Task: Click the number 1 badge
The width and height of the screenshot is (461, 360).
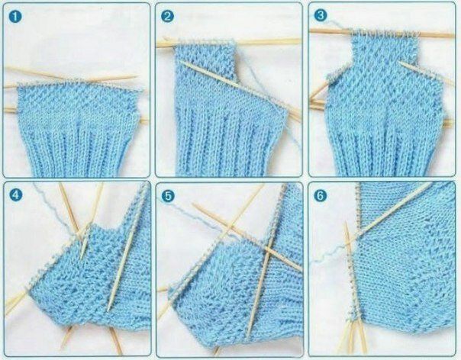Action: [x=15, y=17]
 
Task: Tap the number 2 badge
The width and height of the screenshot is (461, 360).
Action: [x=167, y=17]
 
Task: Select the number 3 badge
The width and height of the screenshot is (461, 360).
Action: [x=320, y=15]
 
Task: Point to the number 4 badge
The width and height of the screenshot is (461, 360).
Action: [x=15, y=194]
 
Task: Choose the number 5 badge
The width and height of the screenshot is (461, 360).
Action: [x=168, y=196]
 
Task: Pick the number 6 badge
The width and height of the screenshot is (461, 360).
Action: [x=320, y=195]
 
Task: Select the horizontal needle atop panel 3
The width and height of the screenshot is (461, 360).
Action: [x=382, y=33]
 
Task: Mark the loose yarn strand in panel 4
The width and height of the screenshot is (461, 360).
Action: [x=56, y=210]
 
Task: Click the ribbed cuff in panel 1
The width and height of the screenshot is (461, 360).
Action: [x=77, y=147]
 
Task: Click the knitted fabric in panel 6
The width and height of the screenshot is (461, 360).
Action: [x=406, y=265]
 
